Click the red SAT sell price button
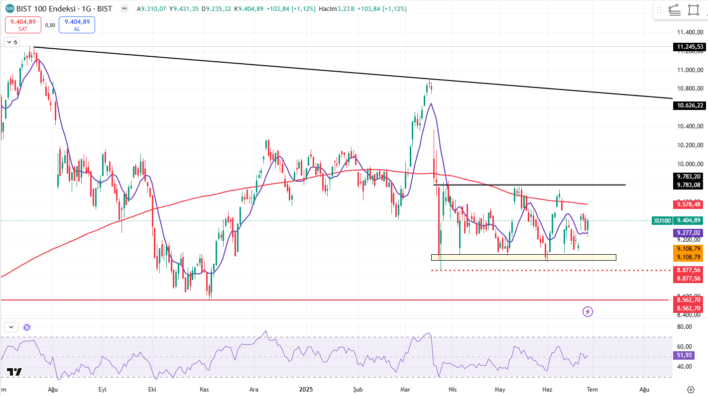(22, 25)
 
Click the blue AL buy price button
(77, 25)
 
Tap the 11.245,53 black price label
(690, 47)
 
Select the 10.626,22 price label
(690, 105)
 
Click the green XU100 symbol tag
(662, 220)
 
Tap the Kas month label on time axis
(204, 389)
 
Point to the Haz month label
(547, 389)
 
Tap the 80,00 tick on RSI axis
(685, 327)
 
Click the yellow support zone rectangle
(523, 257)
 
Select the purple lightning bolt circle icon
(588, 312)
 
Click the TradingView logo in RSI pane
(14, 372)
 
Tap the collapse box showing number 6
(11, 42)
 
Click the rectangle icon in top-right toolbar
(693, 10)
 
